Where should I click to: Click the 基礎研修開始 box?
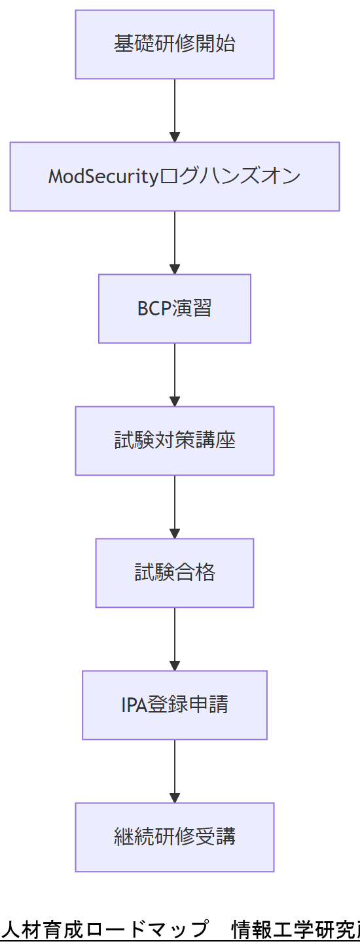[x=174, y=44]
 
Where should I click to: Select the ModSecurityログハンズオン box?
[x=174, y=177]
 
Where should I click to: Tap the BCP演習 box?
[x=174, y=309]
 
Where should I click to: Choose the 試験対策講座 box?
[x=174, y=441]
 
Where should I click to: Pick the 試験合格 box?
[x=174, y=573]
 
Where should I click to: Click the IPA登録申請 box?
[x=174, y=705]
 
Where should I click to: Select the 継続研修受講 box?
[x=174, y=837]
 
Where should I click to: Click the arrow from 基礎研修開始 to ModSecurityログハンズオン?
[x=175, y=108]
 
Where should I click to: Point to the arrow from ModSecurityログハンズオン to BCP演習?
[x=175, y=240]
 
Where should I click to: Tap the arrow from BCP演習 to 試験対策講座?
[x=175, y=372]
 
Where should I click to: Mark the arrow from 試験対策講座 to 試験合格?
[x=175, y=504]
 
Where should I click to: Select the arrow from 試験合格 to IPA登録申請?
[x=175, y=637]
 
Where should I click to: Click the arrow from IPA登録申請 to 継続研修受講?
[x=175, y=769]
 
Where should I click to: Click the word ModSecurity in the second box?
[x=103, y=177]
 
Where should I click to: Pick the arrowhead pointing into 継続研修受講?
[x=175, y=798]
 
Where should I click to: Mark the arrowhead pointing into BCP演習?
[x=175, y=269]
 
